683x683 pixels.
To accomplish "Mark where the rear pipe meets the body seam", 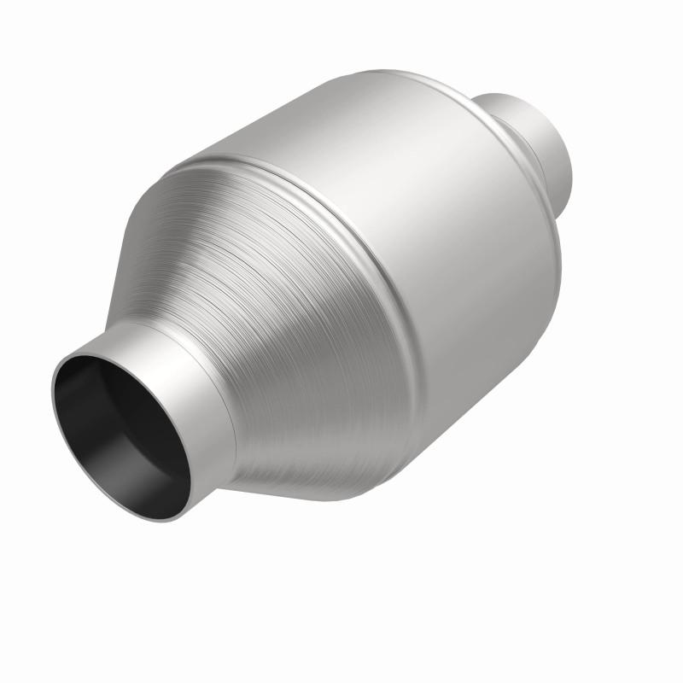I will (x=483, y=111).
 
